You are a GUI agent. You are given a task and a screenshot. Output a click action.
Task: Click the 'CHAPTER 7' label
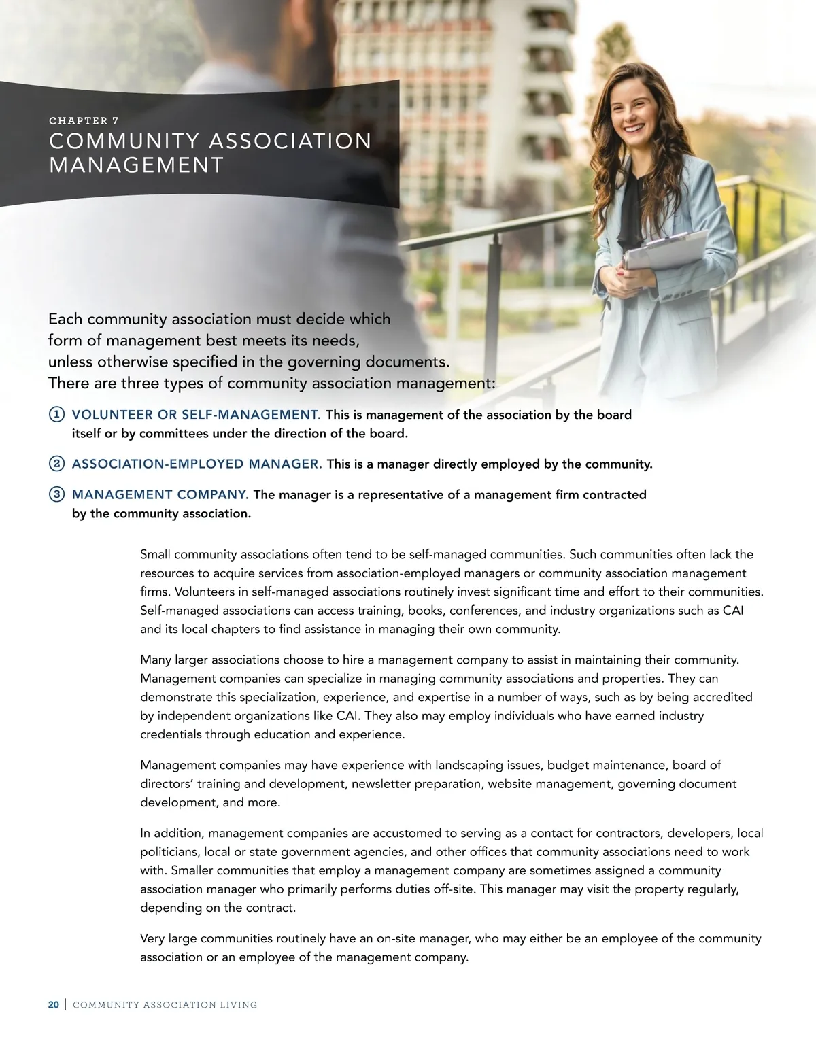tap(84, 121)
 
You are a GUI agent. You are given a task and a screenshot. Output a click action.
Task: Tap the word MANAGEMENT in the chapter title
tap(136, 165)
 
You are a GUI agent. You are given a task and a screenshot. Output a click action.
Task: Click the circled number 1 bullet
tap(57, 415)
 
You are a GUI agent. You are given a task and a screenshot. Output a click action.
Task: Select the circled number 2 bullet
tap(57, 464)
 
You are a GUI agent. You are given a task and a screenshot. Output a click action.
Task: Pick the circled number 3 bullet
tap(57, 495)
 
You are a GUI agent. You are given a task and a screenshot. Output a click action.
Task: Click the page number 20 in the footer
tap(53, 1005)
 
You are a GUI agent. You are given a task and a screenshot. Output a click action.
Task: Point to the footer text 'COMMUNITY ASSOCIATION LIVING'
tap(165, 1005)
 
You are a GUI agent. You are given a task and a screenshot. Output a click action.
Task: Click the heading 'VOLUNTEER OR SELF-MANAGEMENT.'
tap(196, 415)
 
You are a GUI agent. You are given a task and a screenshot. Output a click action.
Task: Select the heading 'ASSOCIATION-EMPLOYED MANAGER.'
tap(197, 464)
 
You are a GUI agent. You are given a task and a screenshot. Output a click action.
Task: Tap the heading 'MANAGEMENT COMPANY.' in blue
tap(160, 495)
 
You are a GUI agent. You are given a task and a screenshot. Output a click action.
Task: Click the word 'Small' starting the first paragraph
tap(156, 555)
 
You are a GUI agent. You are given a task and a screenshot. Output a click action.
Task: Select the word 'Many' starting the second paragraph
tap(156, 660)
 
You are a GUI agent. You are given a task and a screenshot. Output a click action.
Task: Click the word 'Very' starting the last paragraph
tap(153, 939)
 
